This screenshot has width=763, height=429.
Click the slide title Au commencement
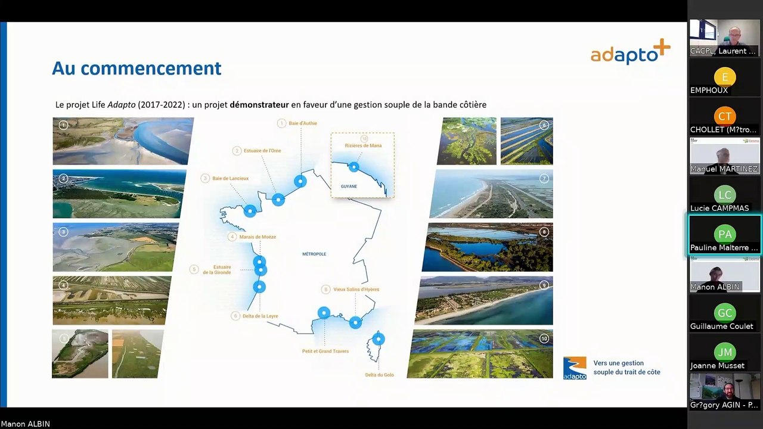pos(137,69)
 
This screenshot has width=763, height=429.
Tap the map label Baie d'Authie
pos(302,123)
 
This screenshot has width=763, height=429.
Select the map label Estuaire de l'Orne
pos(262,151)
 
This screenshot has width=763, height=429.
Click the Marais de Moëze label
pos(258,237)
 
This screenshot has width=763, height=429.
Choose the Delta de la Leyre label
pos(260,316)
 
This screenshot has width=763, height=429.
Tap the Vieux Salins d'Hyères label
pos(356,290)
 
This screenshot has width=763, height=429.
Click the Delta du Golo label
pos(380,375)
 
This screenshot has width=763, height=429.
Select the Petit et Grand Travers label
pos(325,351)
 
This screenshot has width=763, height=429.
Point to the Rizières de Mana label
pos(363,145)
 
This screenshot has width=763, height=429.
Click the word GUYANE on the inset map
pos(349,186)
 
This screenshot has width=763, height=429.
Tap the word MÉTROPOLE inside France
pos(314,254)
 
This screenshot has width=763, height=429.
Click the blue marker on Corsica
pos(379,340)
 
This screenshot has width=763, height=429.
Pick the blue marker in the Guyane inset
pos(354,167)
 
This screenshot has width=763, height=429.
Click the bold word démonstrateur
pos(259,105)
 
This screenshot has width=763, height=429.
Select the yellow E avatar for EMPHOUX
pos(725,77)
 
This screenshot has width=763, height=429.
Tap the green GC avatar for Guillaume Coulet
pos(725,313)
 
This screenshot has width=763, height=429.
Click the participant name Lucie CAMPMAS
pos(719,209)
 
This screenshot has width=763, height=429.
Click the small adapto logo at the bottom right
pos(575,368)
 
